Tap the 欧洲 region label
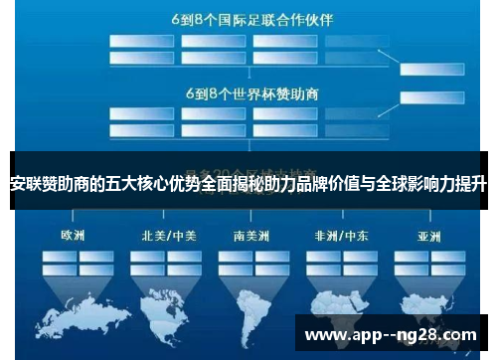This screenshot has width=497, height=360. click(x=72, y=236)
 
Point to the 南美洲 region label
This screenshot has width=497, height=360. click(x=252, y=236)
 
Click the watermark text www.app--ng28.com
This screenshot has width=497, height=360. click(x=391, y=334)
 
